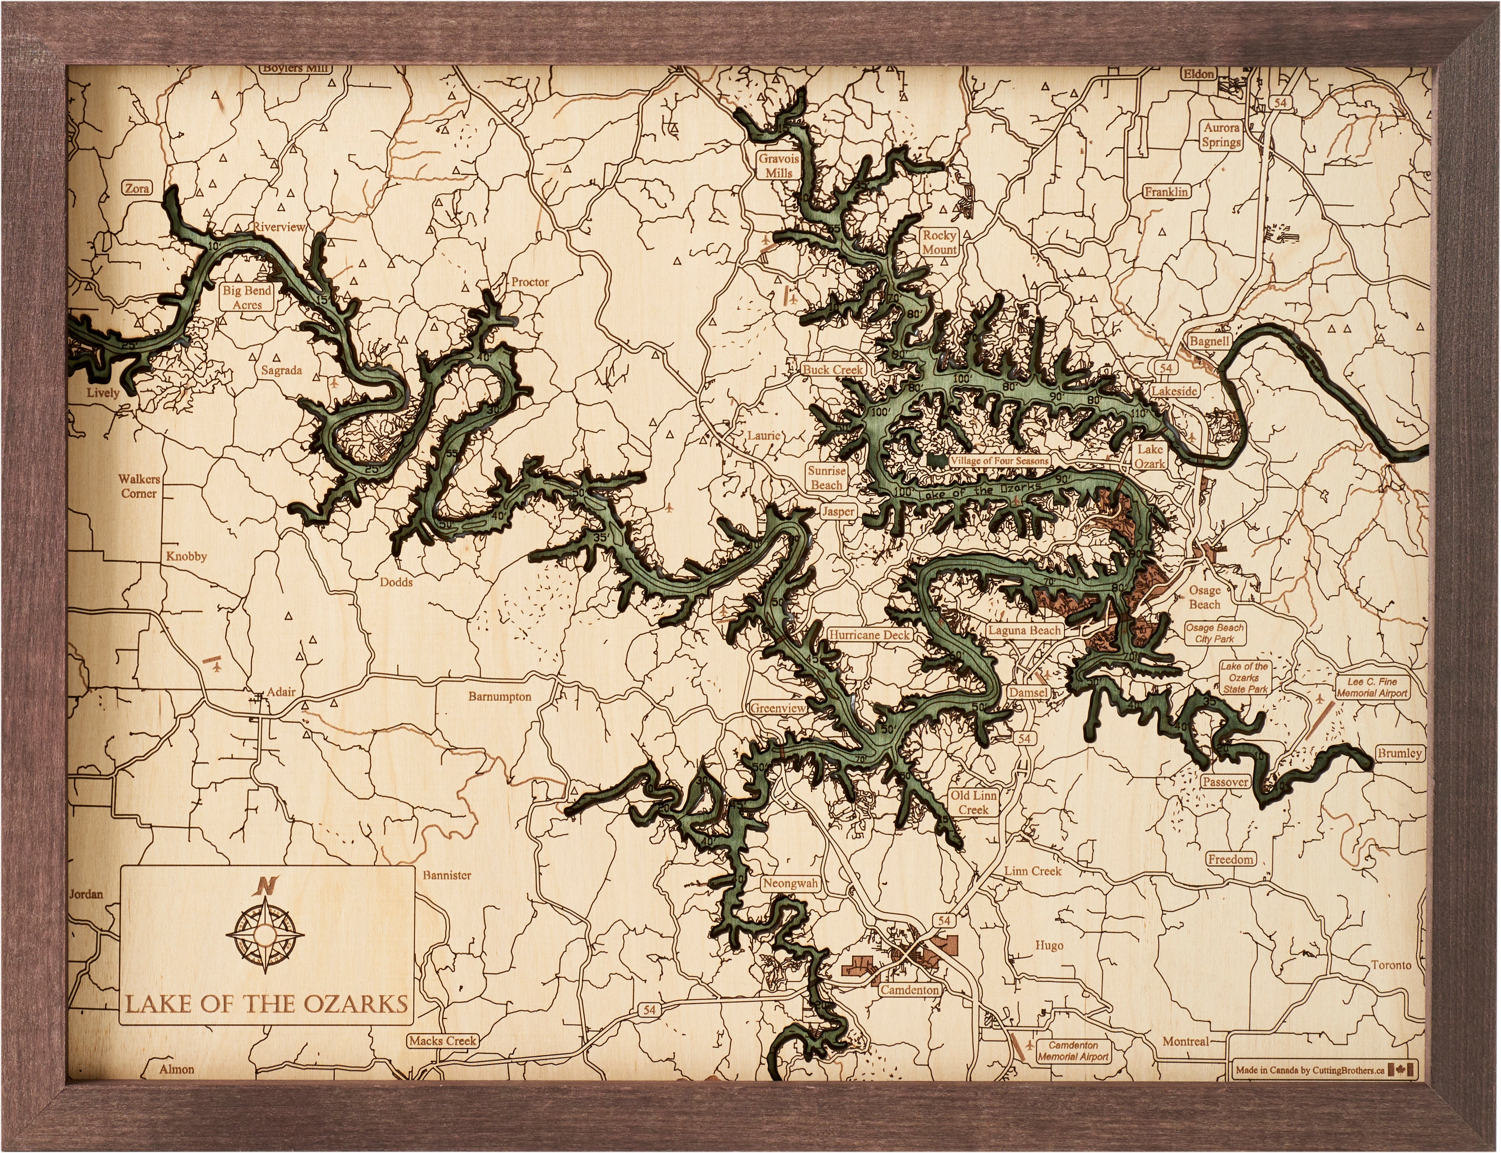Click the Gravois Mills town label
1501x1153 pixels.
click(779, 166)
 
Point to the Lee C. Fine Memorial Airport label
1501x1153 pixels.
click(1372, 688)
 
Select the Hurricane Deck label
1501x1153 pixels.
click(869, 635)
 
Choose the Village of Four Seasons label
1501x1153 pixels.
click(998, 461)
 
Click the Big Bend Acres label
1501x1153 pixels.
click(247, 297)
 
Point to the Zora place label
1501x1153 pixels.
click(137, 188)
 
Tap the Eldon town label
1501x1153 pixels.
click(1199, 74)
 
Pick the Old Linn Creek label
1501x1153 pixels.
click(973, 802)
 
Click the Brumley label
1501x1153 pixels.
click(1399, 753)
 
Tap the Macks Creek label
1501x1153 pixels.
click(442, 1041)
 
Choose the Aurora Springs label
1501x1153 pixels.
click(1222, 135)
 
